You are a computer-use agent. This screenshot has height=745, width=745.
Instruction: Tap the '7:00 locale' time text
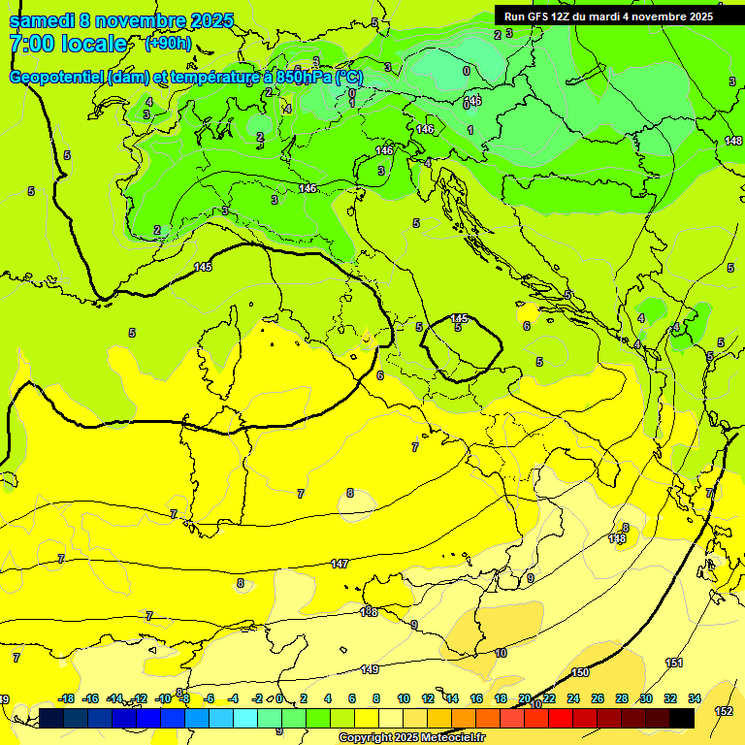click(68, 44)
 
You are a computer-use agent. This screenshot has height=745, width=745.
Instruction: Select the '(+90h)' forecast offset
click(168, 44)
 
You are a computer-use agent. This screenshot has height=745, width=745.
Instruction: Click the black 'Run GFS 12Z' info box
click(608, 16)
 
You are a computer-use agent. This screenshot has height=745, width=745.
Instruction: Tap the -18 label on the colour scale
click(67, 698)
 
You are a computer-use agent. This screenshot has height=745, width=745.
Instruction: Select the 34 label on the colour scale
click(695, 698)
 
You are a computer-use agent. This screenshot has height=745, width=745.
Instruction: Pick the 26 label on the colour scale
click(597, 698)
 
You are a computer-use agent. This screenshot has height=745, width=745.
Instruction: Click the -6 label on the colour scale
click(209, 698)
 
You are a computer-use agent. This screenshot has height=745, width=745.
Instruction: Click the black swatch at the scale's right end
click(681, 718)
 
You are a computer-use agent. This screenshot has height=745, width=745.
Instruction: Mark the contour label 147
click(340, 564)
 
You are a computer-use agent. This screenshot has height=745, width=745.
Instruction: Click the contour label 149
click(370, 669)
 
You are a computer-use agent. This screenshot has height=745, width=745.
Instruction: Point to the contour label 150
click(580, 672)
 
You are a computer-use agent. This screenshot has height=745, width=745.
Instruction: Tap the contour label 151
click(674, 663)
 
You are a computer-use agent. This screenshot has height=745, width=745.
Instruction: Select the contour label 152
click(724, 711)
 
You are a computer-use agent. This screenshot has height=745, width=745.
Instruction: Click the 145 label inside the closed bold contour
click(459, 318)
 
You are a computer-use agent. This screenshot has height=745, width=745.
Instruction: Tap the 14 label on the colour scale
click(452, 698)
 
